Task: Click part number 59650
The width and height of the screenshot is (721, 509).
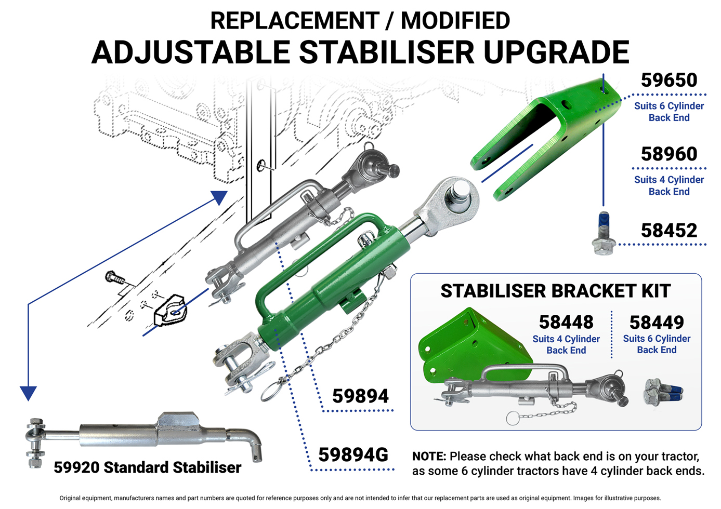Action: pos(669,80)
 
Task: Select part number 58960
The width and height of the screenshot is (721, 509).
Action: pos(669,154)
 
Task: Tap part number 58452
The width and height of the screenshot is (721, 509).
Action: pos(669,231)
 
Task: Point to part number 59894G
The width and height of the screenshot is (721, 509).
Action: pos(353,454)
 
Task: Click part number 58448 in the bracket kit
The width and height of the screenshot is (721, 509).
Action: pos(566,322)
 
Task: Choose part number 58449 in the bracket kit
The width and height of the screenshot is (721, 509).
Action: pos(657,323)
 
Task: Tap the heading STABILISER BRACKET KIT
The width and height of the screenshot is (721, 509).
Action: pos(556,291)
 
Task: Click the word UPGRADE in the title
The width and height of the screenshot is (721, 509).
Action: pos(556,52)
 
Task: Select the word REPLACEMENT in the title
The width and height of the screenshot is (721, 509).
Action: pos(295,21)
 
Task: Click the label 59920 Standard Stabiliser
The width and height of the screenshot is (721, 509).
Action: pos(148,467)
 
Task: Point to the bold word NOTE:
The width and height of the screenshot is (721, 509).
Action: pos(429,456)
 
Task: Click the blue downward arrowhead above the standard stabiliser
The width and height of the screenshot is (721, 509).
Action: pos(28,393)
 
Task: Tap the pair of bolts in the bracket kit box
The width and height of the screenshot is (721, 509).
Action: pos(663,392)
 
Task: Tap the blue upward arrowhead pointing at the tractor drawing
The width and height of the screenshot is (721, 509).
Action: pos(219,197)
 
